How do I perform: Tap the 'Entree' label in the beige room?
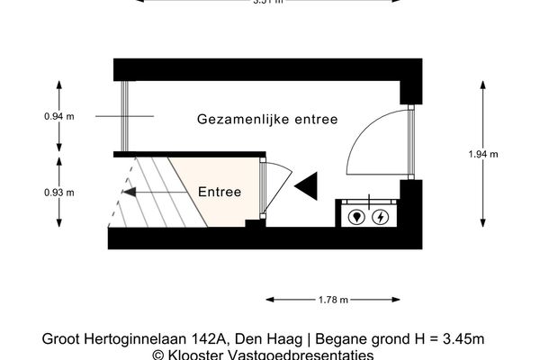[x=220, y=192]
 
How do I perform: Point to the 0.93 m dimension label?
[x=58, y=193]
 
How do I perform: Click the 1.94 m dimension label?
[x=483, y=154]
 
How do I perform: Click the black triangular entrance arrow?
[x=307, y=185]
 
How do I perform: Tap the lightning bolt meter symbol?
[x=382, y=217]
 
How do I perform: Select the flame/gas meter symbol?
[x=357, y=217]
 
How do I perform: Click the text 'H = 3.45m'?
[x=454, y=339]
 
